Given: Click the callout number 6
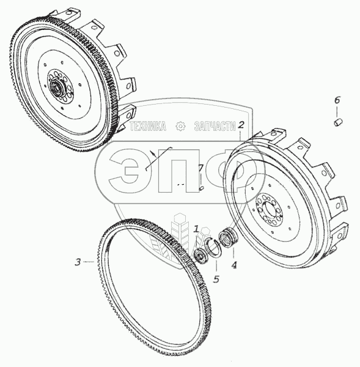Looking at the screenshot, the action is (x=337, y=100).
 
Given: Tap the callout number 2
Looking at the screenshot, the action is (x=241, y=125).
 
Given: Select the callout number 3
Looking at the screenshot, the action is (x=78, y=262).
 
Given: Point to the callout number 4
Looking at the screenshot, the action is (x=234, y=265).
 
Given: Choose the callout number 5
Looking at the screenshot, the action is (x=216, y=279).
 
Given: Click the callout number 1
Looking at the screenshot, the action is (x=196, y=229).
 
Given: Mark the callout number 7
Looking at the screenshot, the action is (x=200, y=168).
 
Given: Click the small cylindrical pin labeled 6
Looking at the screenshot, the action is (x=338, y=122).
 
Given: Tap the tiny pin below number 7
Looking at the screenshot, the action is (x=202, y=188).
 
